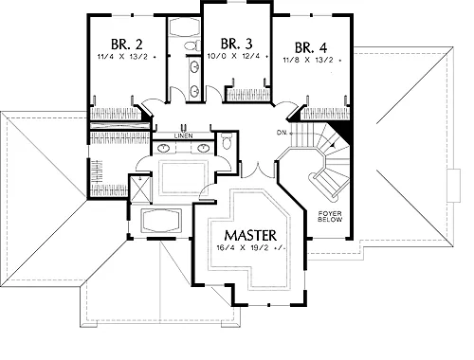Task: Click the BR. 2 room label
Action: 127,45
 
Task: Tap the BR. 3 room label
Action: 237,44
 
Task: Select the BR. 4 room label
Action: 311,47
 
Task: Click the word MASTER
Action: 250,235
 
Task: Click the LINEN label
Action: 183,136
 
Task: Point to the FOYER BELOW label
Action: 330,216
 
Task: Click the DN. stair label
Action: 283,133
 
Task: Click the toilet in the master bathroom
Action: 227,141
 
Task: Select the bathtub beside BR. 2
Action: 184,27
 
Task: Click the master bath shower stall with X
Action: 140,189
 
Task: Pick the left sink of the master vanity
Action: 163,148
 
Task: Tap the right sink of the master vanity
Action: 202,148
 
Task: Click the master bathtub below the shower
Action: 161,221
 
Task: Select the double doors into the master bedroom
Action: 258,170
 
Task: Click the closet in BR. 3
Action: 247,95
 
